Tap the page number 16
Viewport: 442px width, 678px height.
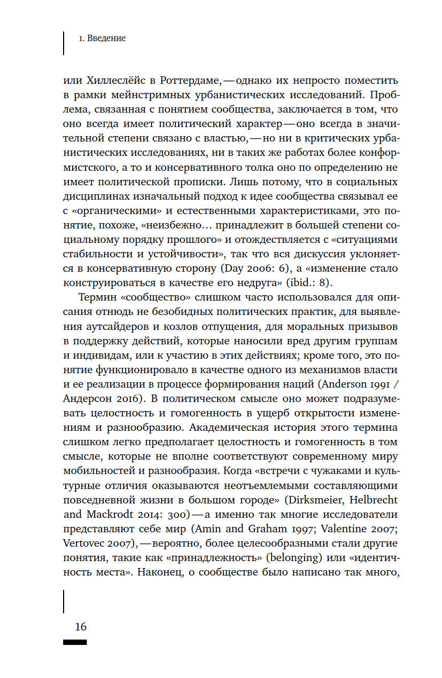(80, 626)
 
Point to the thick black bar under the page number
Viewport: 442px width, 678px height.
(75, 642)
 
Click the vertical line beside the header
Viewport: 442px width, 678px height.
(64, 43)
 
